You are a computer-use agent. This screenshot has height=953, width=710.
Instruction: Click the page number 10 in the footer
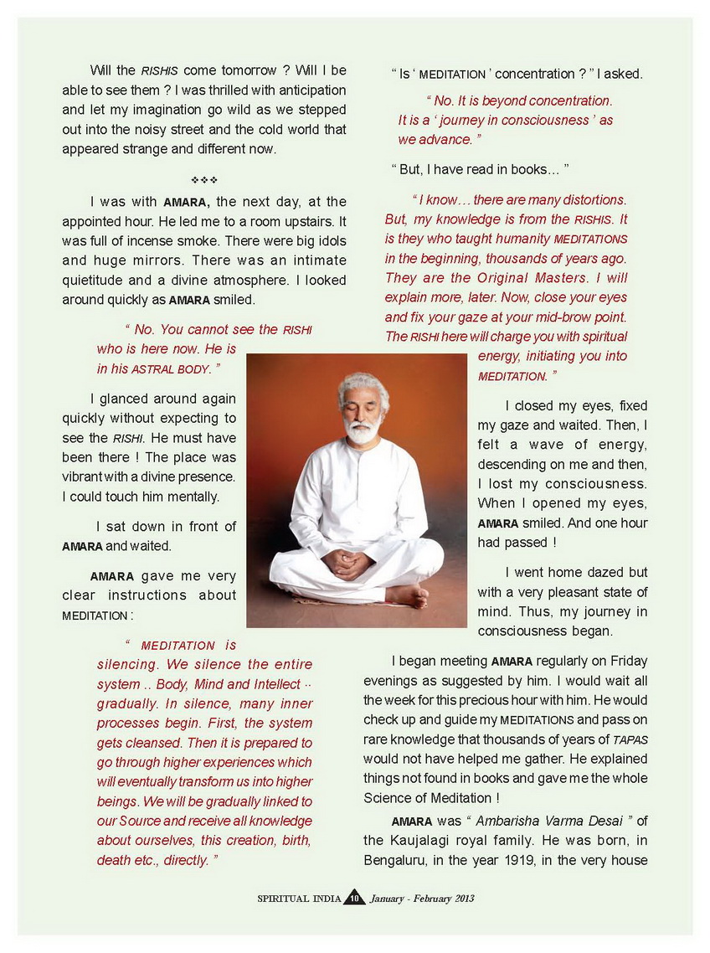[x=353, y=899]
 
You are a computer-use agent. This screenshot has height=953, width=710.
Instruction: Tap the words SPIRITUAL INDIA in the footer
[x=299, y=899]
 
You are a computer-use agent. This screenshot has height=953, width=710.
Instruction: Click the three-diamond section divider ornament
[x=204, y=180]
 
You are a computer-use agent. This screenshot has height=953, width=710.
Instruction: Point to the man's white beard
[x=363, y=431]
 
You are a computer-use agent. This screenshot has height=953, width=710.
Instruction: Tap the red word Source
[x=140, y=821]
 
